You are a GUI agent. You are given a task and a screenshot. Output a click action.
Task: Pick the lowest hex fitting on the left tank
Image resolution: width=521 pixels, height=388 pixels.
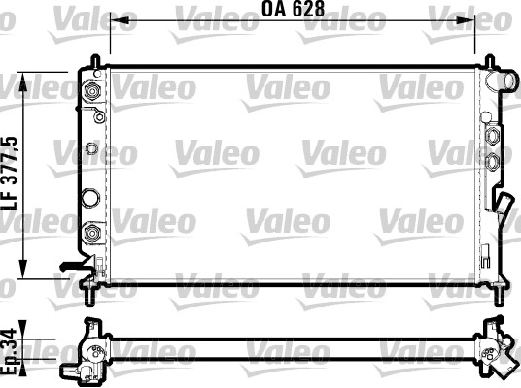pos(93,233)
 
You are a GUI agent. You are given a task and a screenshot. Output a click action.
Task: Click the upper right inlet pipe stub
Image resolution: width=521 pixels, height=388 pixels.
pos(504,81)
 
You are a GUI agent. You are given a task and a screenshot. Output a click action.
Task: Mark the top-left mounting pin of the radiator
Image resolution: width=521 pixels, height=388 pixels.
pos(98,61)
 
